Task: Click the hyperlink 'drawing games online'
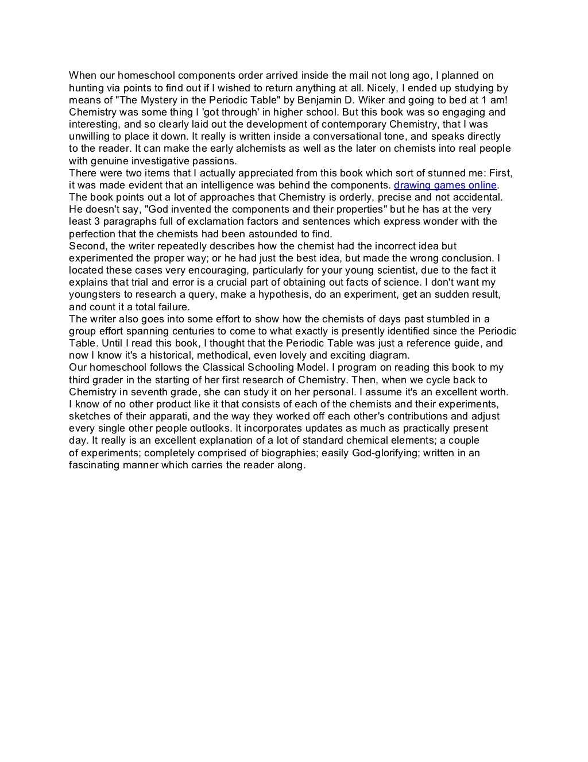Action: [445, 185]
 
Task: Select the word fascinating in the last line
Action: [94, 465]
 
